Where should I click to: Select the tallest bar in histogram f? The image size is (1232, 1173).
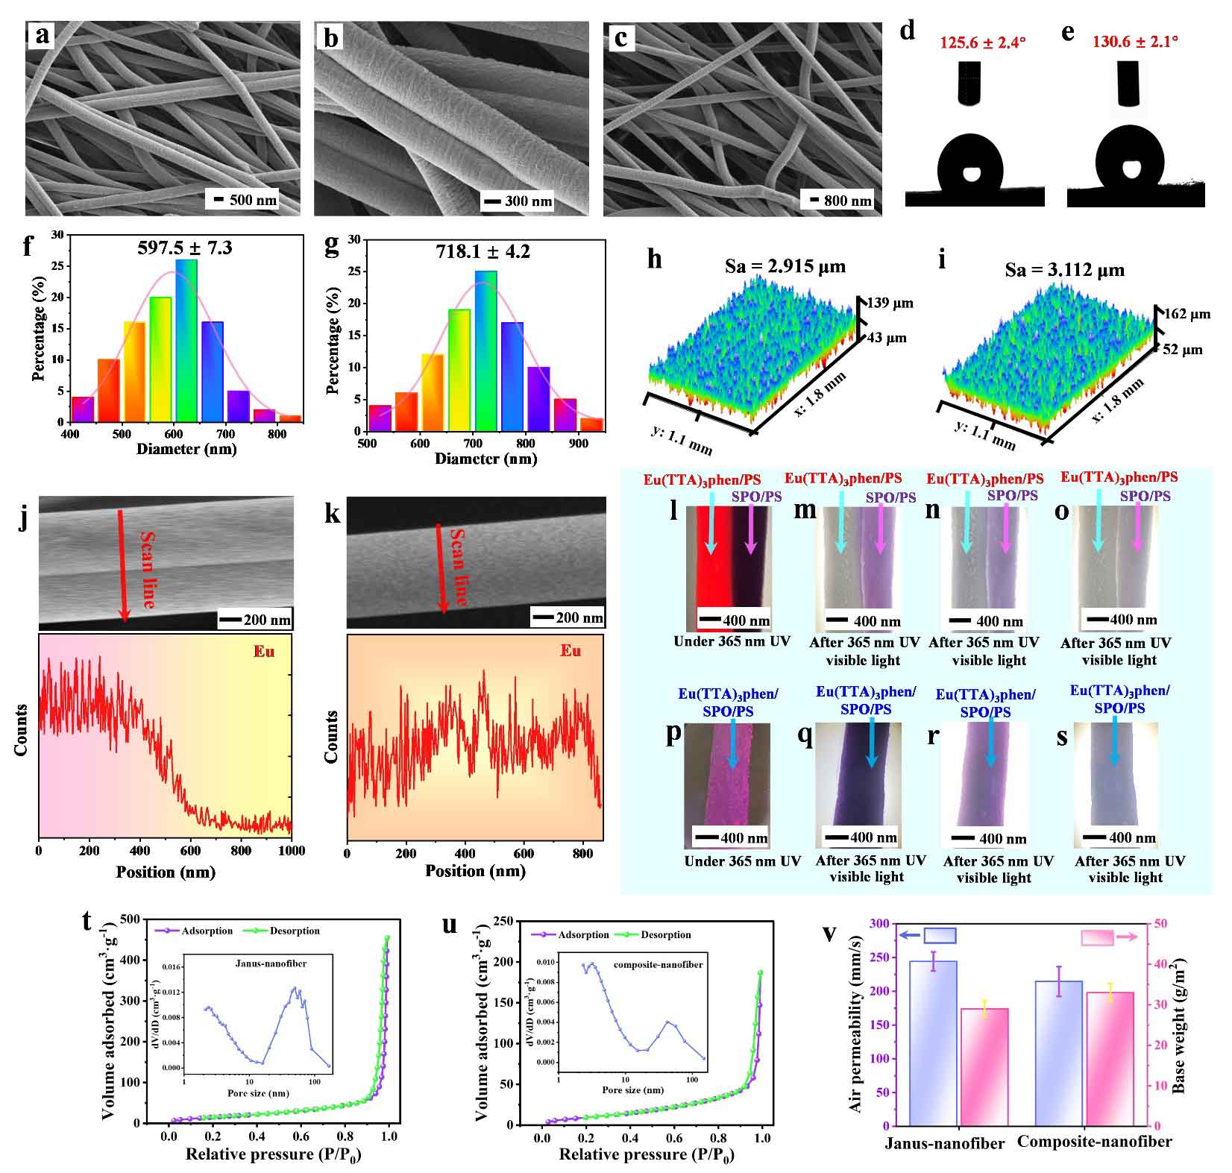(186, 340)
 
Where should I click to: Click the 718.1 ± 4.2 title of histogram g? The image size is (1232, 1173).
(483, 251)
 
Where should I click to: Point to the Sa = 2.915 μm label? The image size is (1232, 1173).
(785, 266)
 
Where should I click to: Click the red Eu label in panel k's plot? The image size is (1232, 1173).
(571, 651)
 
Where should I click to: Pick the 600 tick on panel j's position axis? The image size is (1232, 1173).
(190, 850)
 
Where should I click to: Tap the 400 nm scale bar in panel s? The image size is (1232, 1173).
(1116, 837)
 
